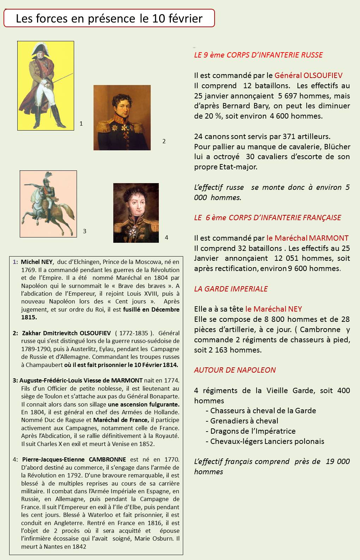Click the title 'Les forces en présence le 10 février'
pyautogui.click(x=109, y=18)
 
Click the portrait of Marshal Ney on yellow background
pyautogui.click(x=46, y=85)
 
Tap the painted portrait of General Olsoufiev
pyautogui.click(x=122, y=118)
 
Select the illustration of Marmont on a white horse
pyautogui.click(x=48, y=204)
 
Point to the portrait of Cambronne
pyautogui.click(x=136, y=212)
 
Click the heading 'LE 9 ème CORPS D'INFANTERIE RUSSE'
pyautogui.click(x=258, y=55)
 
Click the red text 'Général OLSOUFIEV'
pyautogui.click(x=308, y=75)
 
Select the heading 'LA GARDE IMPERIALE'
pyautogui.click(x=231, y=289)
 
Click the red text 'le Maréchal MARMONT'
pyautogui.click(x=307, y=238)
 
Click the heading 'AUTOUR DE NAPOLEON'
pyautogui.click(x=235, y=370)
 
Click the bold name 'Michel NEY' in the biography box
pyautogui.click(x=37, y=262)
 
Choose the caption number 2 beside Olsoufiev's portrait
pyautogui.click(x=164, y=141)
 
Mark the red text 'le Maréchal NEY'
pyautogui.click(x=274, y=309)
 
